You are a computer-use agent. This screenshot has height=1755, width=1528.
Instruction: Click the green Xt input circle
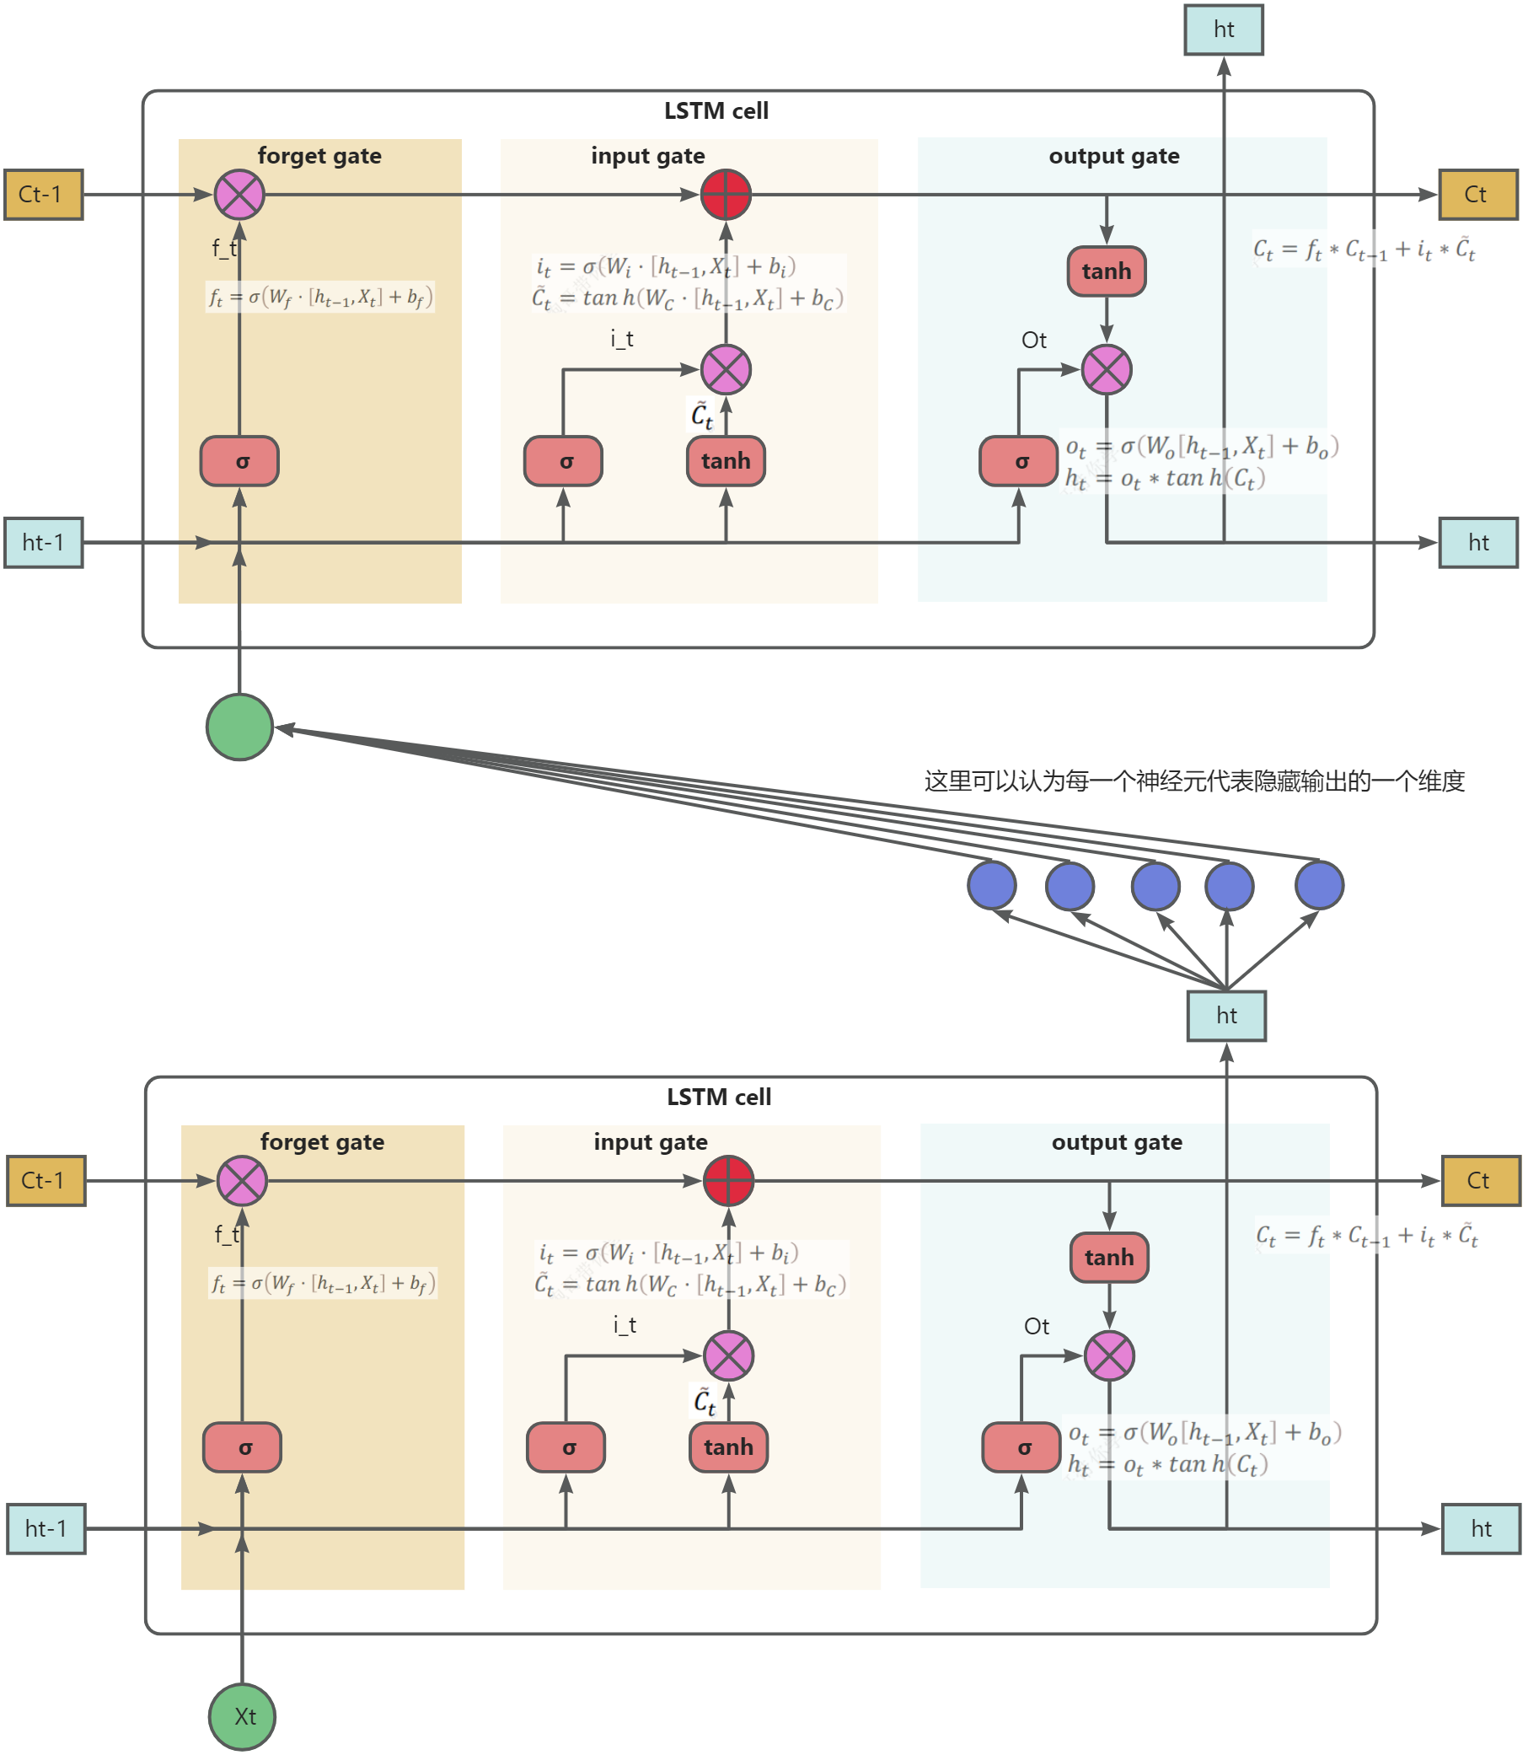[242, 1715]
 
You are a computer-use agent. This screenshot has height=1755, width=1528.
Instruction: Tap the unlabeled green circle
[239, 727]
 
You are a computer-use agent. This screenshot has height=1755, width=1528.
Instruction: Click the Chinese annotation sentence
[1193, 781]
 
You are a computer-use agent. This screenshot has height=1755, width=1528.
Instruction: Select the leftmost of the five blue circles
[992, 884]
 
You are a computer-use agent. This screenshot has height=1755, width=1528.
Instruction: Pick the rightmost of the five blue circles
[1319, 884]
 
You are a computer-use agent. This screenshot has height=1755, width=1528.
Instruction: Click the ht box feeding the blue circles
[1226, 1015]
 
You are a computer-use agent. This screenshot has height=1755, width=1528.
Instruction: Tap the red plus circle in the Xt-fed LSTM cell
[728, 1181]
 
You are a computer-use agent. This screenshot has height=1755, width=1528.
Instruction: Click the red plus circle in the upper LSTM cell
[726, 195]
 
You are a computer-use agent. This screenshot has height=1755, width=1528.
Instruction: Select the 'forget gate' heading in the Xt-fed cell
[322, 1142]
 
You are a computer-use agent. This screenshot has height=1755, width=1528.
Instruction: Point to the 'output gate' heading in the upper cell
[1113, 156]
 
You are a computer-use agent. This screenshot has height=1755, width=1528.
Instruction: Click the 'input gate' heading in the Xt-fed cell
[651, 1142]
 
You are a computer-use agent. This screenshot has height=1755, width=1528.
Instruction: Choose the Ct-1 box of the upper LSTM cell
[44, 195]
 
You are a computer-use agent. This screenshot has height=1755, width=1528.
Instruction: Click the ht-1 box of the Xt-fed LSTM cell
[46, 1528]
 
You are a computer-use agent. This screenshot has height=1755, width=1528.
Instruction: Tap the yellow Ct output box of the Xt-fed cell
[1480, 1180]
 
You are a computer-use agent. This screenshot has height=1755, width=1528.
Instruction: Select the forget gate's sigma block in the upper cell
[239, 461]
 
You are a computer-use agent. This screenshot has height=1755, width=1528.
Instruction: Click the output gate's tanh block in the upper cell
[1106, 271]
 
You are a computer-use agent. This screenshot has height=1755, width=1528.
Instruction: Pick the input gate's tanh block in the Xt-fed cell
[728, 1447]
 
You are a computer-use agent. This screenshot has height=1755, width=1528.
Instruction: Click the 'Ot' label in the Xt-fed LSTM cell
[1036, 1326]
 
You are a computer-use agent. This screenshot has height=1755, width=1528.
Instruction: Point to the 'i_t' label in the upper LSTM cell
[623, 340]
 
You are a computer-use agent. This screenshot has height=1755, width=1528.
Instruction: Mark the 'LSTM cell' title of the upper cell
[716, 111]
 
